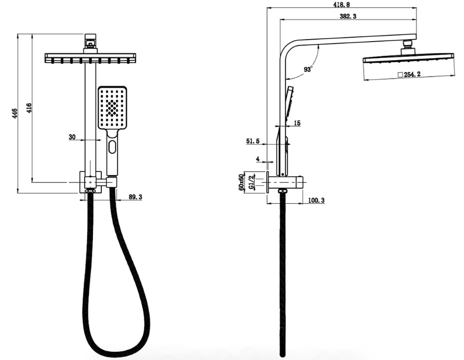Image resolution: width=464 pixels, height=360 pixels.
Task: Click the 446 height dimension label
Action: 15,113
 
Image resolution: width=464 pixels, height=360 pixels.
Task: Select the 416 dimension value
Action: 29,108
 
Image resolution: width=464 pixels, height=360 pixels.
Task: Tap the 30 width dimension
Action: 72,137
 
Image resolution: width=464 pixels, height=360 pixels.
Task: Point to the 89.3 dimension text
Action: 135,197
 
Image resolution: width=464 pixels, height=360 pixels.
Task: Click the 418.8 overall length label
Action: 342,5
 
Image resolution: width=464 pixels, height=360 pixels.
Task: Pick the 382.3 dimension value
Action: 348,16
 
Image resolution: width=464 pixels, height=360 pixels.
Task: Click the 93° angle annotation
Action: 308,69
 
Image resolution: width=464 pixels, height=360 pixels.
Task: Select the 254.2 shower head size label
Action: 412,74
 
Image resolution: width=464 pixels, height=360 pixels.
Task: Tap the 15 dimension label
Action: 298,123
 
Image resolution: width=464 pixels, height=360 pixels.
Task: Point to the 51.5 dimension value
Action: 253,141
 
